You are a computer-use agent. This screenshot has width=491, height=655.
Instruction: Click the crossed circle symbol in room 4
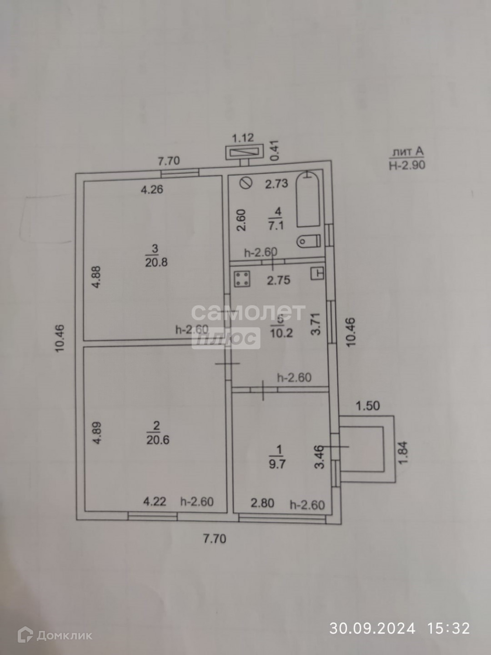(x=246, y=183)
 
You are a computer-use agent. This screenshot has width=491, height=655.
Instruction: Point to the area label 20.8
(x=156, y=262)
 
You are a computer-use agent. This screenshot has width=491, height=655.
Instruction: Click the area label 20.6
(x=157, y=440)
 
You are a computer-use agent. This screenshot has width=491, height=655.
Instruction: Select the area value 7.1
(x=276, y=225)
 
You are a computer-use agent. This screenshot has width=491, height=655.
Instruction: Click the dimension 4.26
(x=152, y=190)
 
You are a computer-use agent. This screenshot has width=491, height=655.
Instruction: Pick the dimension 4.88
(x=96, y=277)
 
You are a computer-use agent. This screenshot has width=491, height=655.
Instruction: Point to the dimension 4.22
(x=155, y=502)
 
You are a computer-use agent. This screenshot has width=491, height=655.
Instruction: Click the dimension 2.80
(x=263, y=503)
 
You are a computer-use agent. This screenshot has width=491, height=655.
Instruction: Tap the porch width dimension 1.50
(x=367, y=405)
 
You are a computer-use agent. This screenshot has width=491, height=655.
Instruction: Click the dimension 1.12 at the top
(x=243, y=138)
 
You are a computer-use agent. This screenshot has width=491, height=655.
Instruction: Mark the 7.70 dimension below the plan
(x=214, y=539)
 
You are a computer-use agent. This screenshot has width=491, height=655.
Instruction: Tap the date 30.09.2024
(x=372, y=628)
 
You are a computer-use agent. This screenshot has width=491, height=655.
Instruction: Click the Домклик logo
(x=55, y=635)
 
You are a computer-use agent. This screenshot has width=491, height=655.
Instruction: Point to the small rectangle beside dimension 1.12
(x=245, y=152)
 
